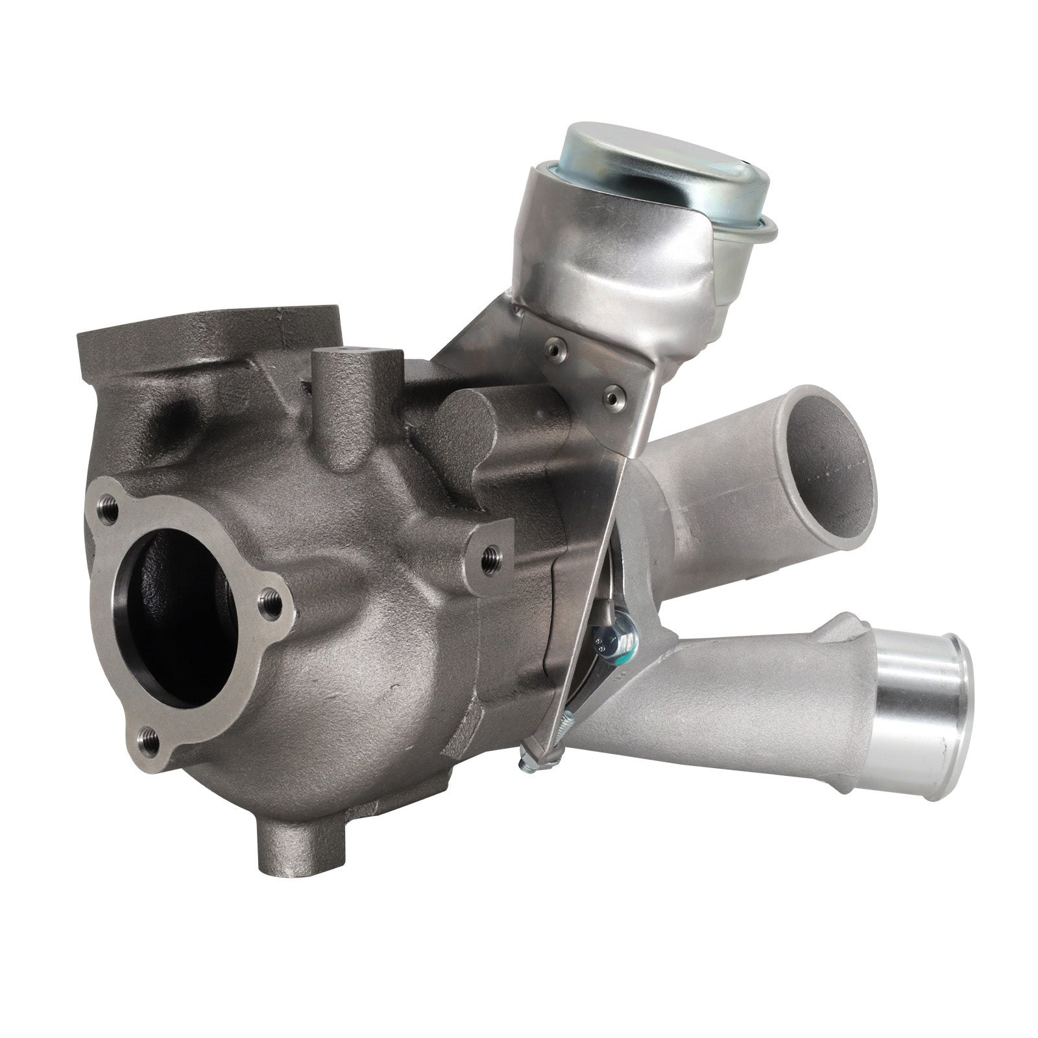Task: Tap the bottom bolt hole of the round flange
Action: (149, 737)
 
